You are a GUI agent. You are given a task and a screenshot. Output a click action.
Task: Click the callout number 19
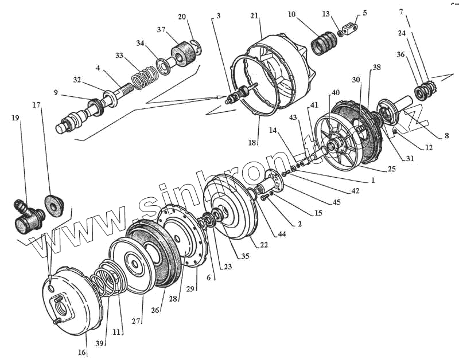click(15, 118)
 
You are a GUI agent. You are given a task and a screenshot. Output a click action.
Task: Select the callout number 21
click(254, 17)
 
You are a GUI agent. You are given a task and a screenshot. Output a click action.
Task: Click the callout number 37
click(163, 30)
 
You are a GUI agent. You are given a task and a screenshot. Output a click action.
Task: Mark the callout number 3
click(217, 17)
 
